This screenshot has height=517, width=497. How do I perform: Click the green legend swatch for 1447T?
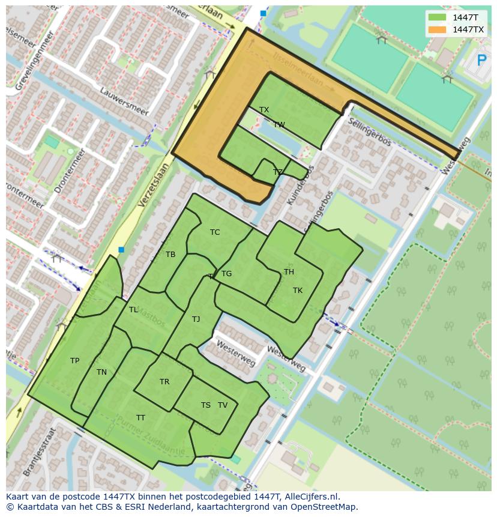(438, 18)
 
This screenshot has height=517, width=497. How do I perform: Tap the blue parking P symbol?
(481, 60)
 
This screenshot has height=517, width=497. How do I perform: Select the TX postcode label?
(264, 110)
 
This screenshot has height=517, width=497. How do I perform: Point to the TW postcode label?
(279, 125)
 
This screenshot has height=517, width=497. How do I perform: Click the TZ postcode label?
(277, 172)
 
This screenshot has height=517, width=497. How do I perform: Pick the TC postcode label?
(215, 232)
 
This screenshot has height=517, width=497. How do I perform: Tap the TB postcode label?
(170, 255)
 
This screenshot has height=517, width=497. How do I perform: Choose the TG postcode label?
(226, 274)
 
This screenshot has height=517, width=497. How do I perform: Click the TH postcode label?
(289, 272)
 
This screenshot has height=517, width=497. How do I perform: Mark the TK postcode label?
(298, 291)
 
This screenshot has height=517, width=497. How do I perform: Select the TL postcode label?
(133, 310)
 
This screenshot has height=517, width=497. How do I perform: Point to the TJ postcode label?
(196, 319)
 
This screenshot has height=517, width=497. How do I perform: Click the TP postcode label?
(74, 361)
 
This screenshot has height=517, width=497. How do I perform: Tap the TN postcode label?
(101, 372)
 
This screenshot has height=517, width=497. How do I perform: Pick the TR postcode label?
(164, 382)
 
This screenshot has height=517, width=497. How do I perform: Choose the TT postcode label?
(140, 418)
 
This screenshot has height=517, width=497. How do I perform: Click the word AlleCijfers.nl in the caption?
(312, 497)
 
